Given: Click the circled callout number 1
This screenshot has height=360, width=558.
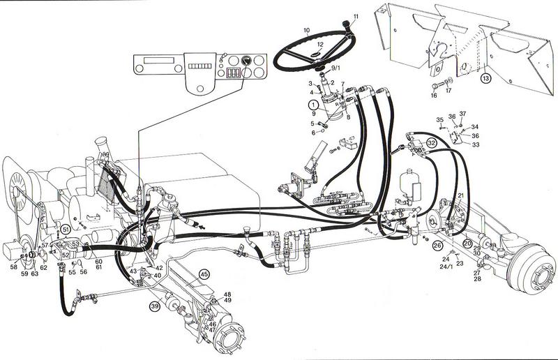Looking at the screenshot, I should pyautogui.click(x=314, y=105).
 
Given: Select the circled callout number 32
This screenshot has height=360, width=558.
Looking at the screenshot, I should pyautogui.click(x=432, y=142).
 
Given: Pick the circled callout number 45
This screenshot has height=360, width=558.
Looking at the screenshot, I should pyautogui.click(x=204, y=274).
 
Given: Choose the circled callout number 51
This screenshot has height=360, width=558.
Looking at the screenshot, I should pyautogui.click(x=65, y=229).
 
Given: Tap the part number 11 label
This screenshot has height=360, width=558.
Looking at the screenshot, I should pyautogui.click(x=356, y=15).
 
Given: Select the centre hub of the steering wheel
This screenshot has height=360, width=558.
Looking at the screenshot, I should pyautogui.click(x=318, y=53).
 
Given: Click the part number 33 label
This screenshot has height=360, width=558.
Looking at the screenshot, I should pyautogui.click(x=476, y=144).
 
